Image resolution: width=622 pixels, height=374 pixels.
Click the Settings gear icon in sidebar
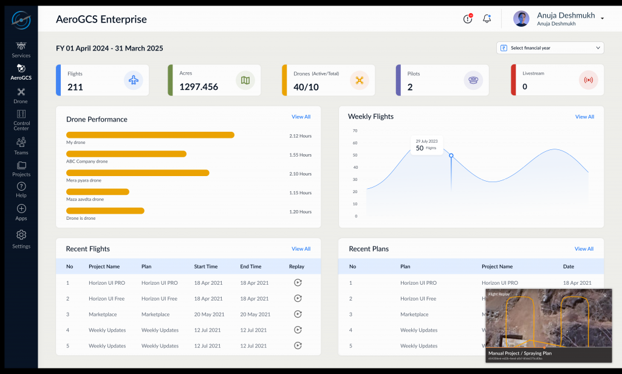click(x=21, y=235)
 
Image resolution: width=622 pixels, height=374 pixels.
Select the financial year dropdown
click(x=550, y=48)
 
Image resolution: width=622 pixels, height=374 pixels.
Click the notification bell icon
click(x=487, y=19)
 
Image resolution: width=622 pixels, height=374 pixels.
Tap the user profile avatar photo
click(x=521, y=19)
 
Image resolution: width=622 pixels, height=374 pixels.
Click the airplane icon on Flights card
click(x=134, y=80)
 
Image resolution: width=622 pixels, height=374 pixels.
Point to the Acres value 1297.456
click(x=199, y=87)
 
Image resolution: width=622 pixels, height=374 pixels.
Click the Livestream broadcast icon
click(x=588, y=80)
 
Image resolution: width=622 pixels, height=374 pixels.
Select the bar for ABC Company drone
click(x=126, y=154)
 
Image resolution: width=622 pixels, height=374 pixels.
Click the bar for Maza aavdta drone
click(x=98, y=192)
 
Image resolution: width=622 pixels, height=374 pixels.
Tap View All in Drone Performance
click(x=301, y=117)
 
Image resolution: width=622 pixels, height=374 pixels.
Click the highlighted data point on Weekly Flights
click(x=451, y=155)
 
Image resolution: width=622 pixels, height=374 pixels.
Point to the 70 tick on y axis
click(x=355, y=131)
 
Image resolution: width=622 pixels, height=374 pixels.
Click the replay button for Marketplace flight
click(x=298, y=314)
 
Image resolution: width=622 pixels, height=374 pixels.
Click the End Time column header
click(x=251, y=267)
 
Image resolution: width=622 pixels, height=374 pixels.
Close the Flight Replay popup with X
click(x=604, y=295)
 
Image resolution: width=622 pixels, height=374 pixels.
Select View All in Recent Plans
click(x=584, y=249)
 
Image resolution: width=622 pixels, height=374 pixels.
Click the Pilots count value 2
click(x=410, y=87)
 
